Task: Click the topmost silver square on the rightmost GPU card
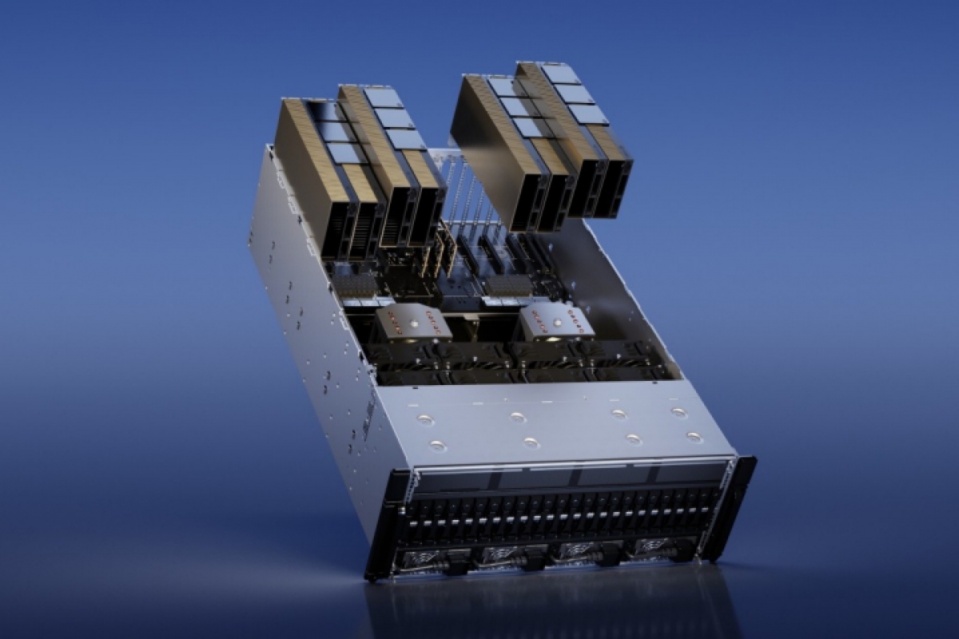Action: coord(560,73)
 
